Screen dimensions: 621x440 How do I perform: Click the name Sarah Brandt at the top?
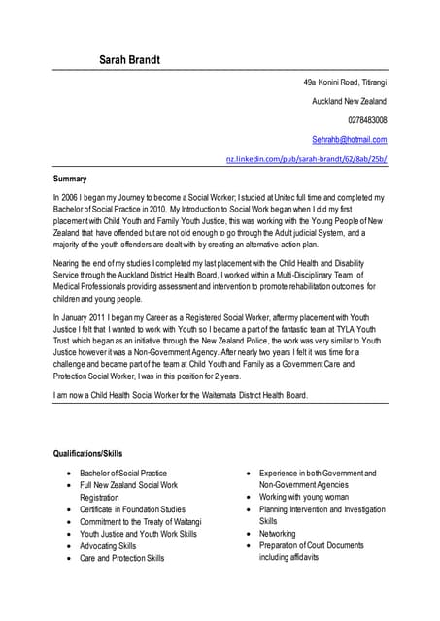point(130,61)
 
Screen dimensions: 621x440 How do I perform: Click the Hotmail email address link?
point(349,140)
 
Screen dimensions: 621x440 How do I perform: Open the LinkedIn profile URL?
point(306,158)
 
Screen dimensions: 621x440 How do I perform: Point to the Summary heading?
point(70,179)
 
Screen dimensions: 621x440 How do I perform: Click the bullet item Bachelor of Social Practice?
point(123,474)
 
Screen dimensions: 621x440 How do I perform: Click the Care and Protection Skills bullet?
point(122,558)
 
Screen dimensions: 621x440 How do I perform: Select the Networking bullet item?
point(278,534)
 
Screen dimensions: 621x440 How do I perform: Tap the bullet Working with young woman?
point(304,497)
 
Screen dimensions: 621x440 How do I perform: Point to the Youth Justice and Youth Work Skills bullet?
point(138,534)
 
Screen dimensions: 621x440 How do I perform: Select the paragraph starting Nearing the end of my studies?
point(214,275)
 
